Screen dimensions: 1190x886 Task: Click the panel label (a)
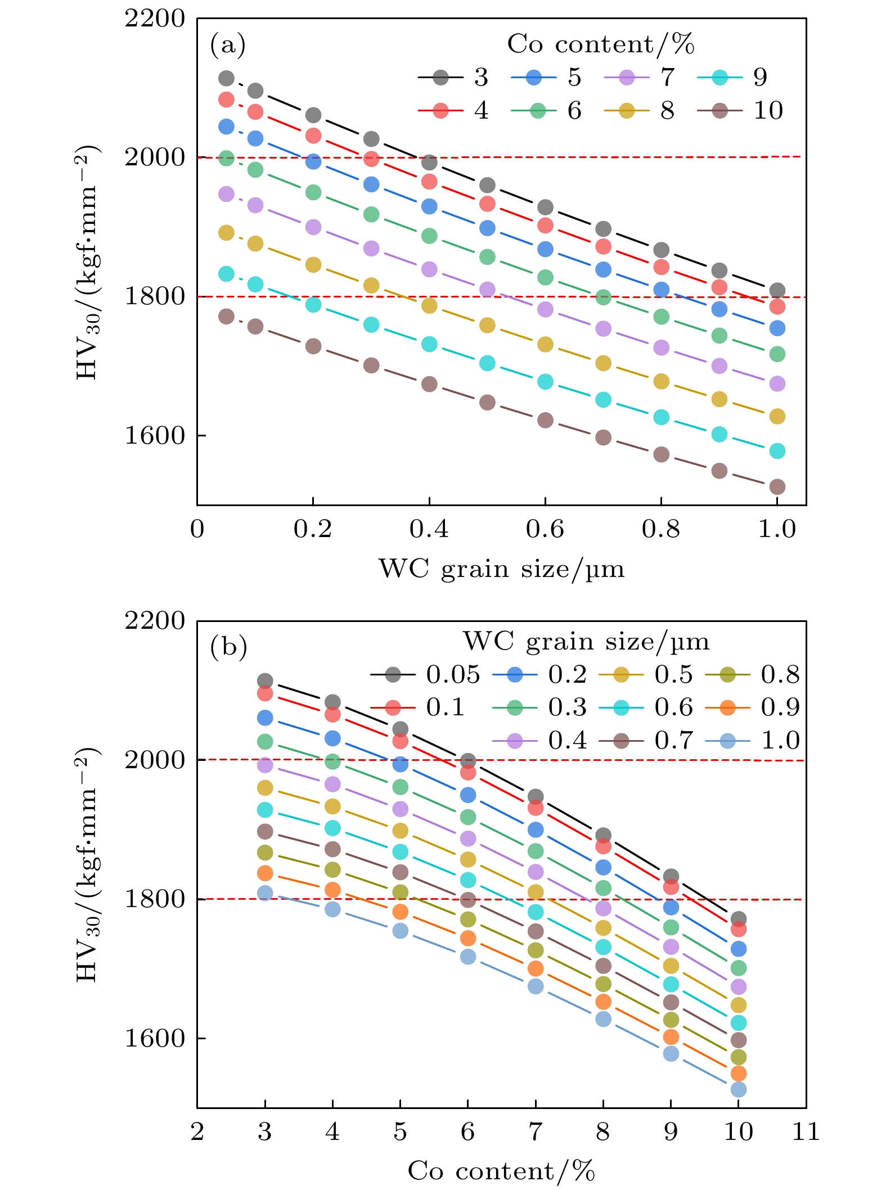(x=228, y=45)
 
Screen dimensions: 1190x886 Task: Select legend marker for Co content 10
(x=719, y=111)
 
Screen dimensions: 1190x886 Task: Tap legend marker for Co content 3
(x=441, y=78)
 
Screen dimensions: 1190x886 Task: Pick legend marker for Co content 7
(x=627, y=78)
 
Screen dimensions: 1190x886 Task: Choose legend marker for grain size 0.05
(x=393, y=674)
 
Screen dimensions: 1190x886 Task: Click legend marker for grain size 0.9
(x=727, y=707)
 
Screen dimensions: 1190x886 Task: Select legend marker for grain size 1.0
(x=727, y=741)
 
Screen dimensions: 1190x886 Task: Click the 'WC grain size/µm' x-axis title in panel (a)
(x=501, y=569)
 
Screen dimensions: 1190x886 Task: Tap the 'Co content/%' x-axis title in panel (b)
(x=501, y=1171)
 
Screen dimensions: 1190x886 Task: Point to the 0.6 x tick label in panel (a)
(x=545, y=529)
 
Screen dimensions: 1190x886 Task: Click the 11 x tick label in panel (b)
(x=806, y=1132)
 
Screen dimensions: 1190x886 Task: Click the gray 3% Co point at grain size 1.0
(x=777, y=291)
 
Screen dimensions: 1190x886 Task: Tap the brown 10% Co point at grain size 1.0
(x=777, y=486)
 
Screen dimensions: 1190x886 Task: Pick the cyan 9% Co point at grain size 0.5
(x=487, y=363)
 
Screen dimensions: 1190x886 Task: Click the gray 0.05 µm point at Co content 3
(x=265, y=681)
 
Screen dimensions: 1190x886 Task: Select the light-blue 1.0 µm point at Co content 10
(x=738, y=1089)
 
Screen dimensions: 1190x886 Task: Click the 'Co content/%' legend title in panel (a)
(x=600, y=44)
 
